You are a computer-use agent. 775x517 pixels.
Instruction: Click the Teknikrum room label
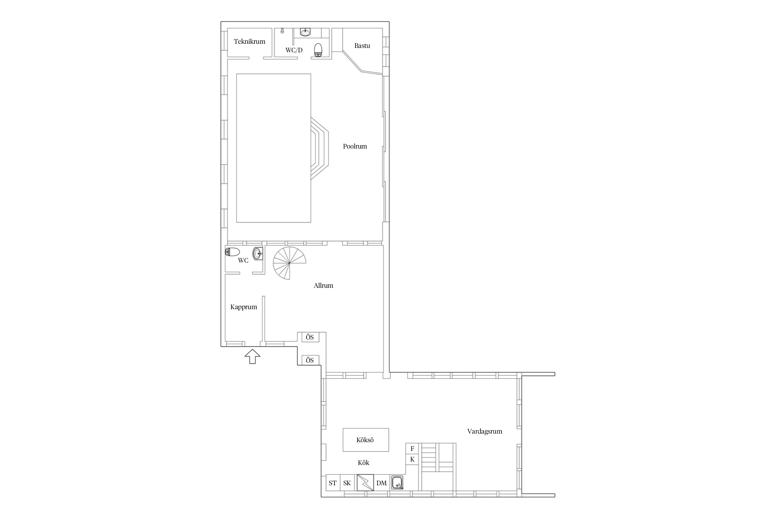pyautogui.click(x=249, y=42)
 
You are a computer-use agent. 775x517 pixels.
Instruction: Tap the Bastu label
pyautogui.click(x=362, y=45)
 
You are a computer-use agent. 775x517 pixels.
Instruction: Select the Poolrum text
pyautogui.click(x=355, y=146)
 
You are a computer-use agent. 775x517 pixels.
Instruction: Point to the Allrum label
pyautogui.click(x=323, y=285)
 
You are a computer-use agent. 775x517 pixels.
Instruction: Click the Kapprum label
pyautogui.click(x=244, y=307)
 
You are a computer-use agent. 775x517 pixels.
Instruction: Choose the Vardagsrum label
pyautogui.click(x=485, y=431)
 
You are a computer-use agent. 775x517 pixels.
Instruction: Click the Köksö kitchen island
pyautogui.click(x=366, y=440)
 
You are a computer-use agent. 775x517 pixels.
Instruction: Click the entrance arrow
pyautogui.click(x=252, y=356)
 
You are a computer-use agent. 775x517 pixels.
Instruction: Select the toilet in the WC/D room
pyautogui.click(x=318, y=50)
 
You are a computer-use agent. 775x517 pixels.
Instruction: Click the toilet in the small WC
pyautogui.click(x=232, y=252)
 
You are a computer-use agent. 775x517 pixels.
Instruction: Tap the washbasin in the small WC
pyautogui.click(x=258, y=254)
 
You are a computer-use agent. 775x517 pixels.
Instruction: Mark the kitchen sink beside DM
pyautogui.click(x=397, y=482)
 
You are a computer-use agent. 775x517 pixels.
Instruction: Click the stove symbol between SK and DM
pyautogui.click(x=365, y=483)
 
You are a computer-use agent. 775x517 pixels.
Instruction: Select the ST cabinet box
pyautogui.click(x=333, y=483)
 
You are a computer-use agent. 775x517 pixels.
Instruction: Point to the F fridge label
pyautogui.click(x=412, y=448)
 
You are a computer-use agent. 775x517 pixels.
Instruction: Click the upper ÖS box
pyautogui.click(x=310, y=337)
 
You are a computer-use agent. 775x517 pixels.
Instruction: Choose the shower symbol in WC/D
pyautogui.click(x=282, y=31)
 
